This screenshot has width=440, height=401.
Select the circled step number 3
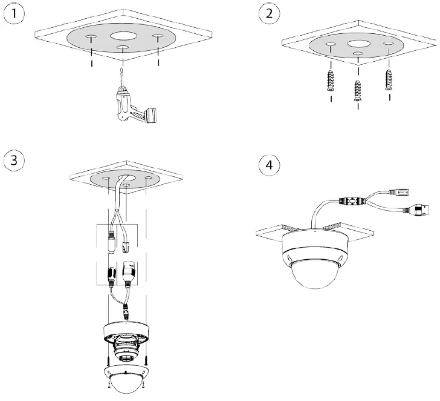pos(14,161)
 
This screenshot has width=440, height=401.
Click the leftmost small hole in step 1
pos(90,39)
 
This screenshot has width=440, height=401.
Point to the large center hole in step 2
pos(360,44)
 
